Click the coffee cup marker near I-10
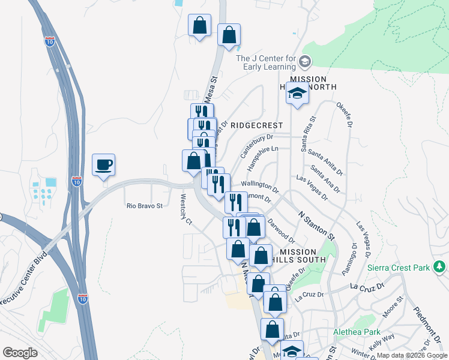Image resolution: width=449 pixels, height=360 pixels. click(x=103, y=164)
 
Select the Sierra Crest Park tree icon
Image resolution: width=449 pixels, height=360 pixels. click(x=441, y=266)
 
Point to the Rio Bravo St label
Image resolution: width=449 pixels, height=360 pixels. click(x=145, y=206)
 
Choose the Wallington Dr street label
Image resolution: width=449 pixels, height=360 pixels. click(x=260, y=186)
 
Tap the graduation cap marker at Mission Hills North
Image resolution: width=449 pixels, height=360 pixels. click(x=297, y=94)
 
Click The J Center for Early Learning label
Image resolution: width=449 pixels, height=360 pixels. click(x=266, y=62)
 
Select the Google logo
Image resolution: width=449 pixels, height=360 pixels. click(x=20, y=353)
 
